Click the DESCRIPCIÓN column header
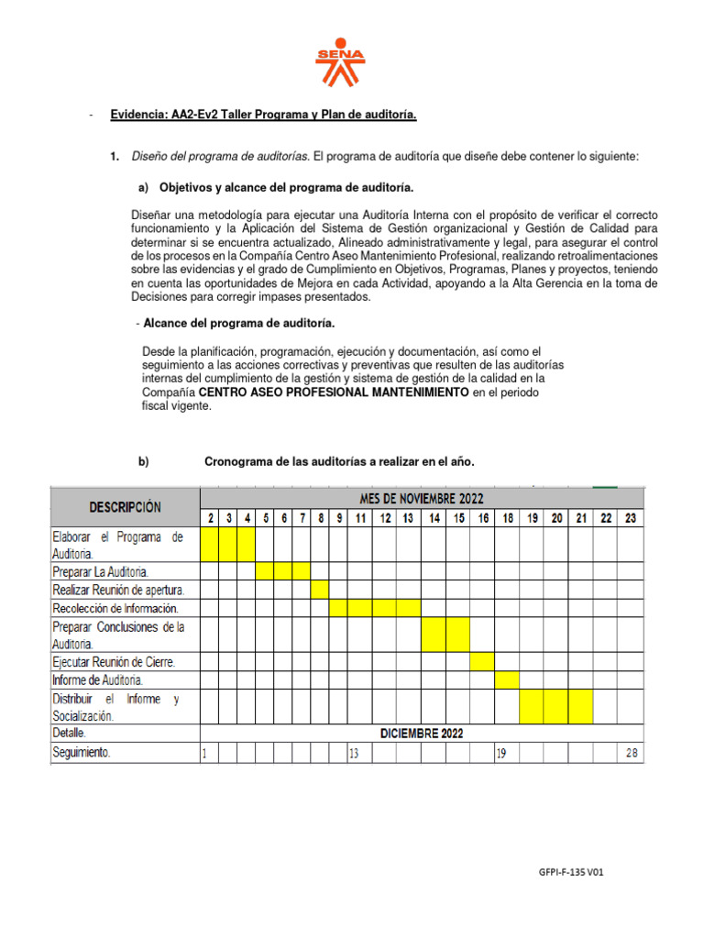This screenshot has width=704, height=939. pos(125,507)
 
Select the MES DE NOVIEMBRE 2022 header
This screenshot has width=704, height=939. pos(422,499)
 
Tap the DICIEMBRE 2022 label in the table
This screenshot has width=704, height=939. pos(422,733)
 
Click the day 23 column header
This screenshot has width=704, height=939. pos(631,518)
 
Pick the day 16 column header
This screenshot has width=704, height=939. pos(482,518)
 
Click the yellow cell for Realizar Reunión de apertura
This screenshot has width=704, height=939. pos(320,589)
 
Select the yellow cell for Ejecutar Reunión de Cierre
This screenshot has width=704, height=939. pos(482,660)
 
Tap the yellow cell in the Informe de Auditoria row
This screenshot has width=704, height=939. pos(507,679)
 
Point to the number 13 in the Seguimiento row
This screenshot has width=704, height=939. pos(354,753)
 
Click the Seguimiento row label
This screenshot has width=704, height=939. pos(82,753)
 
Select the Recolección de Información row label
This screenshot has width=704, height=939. pos(115,607)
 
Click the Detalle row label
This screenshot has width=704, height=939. pos(70,733)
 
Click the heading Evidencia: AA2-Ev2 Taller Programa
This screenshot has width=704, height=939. pos(263,115)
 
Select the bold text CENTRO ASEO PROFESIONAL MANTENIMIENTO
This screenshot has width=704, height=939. pos(334,392)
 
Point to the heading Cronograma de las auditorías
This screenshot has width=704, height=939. pos(339,462)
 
